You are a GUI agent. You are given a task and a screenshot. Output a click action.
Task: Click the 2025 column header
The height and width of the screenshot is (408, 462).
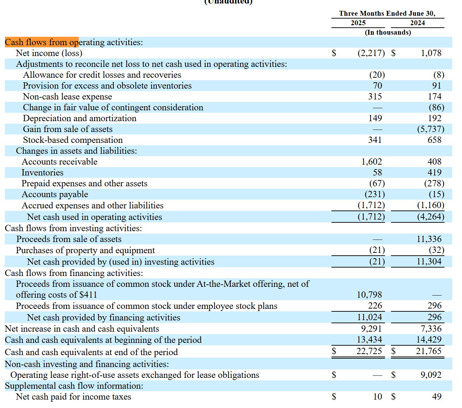pos(358,23)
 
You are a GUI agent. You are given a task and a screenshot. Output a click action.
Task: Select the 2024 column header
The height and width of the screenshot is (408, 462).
pos(417,23)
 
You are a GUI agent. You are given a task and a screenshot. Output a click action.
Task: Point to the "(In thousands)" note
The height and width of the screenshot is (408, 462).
pos(387,32)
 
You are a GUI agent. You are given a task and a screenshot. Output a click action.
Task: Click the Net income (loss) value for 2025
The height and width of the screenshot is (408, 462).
pos(371,53)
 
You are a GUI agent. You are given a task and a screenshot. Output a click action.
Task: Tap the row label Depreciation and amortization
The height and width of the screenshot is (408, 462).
pos(79,118)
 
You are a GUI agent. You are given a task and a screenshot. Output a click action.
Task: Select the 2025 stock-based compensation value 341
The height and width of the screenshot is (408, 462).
pos(375,140)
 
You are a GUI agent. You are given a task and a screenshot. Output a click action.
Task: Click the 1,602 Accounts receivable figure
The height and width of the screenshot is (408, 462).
pos(371,161)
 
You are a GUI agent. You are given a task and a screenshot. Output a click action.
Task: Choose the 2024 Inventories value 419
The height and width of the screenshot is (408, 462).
pos(434,172)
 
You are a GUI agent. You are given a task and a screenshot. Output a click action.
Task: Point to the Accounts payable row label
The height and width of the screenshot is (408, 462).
pos(55,194)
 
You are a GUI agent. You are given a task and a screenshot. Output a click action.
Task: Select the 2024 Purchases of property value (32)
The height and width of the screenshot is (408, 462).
pos(436,250)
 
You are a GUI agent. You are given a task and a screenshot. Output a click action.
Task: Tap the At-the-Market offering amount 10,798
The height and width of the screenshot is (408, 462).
pos(369,295)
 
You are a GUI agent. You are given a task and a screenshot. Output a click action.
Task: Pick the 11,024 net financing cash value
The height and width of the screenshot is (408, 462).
pos(369,317)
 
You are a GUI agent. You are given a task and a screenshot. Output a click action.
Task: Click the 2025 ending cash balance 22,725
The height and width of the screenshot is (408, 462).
pos(369,351)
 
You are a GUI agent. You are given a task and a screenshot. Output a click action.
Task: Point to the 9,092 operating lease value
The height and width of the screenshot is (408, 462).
pos(431,375)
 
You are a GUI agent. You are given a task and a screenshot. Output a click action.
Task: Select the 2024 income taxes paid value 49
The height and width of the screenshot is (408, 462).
pos(437,396)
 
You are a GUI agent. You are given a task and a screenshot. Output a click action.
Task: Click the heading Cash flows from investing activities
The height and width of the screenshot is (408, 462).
pos(73,228)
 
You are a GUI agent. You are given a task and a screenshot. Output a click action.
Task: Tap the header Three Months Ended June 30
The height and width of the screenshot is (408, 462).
pos(387,13)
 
